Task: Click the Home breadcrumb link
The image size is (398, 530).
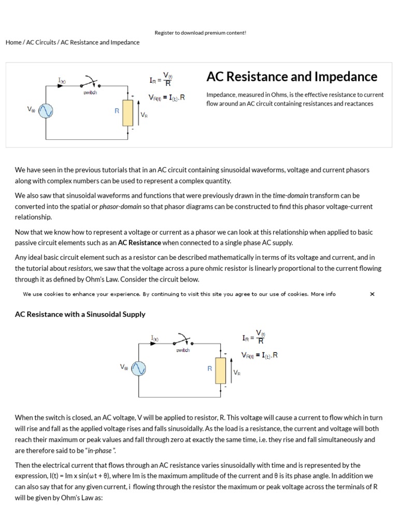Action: point(13,42)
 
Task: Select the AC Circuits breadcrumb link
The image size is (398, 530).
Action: point(41,42)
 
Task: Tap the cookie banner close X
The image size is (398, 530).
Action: point(372,294)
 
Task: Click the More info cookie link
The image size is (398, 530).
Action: point(323,294)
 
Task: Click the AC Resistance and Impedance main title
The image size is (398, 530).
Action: point(292,77)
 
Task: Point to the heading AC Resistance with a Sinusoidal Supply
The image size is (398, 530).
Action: point(80,314)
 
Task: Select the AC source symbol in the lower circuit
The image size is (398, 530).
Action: point(139,369)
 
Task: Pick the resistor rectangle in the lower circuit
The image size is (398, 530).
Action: point(221,370)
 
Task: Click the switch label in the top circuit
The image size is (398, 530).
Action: point(90,93)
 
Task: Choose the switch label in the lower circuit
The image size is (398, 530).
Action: point(183,350)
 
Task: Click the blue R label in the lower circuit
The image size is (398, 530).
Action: point(210,369)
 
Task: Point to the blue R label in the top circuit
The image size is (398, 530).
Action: point(117,111)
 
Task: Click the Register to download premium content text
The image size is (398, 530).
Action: point(201,33)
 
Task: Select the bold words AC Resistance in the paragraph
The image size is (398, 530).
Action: point(139,242)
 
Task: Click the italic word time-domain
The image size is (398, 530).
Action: point(291,196)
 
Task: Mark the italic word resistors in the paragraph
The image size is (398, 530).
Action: point(79,268)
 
